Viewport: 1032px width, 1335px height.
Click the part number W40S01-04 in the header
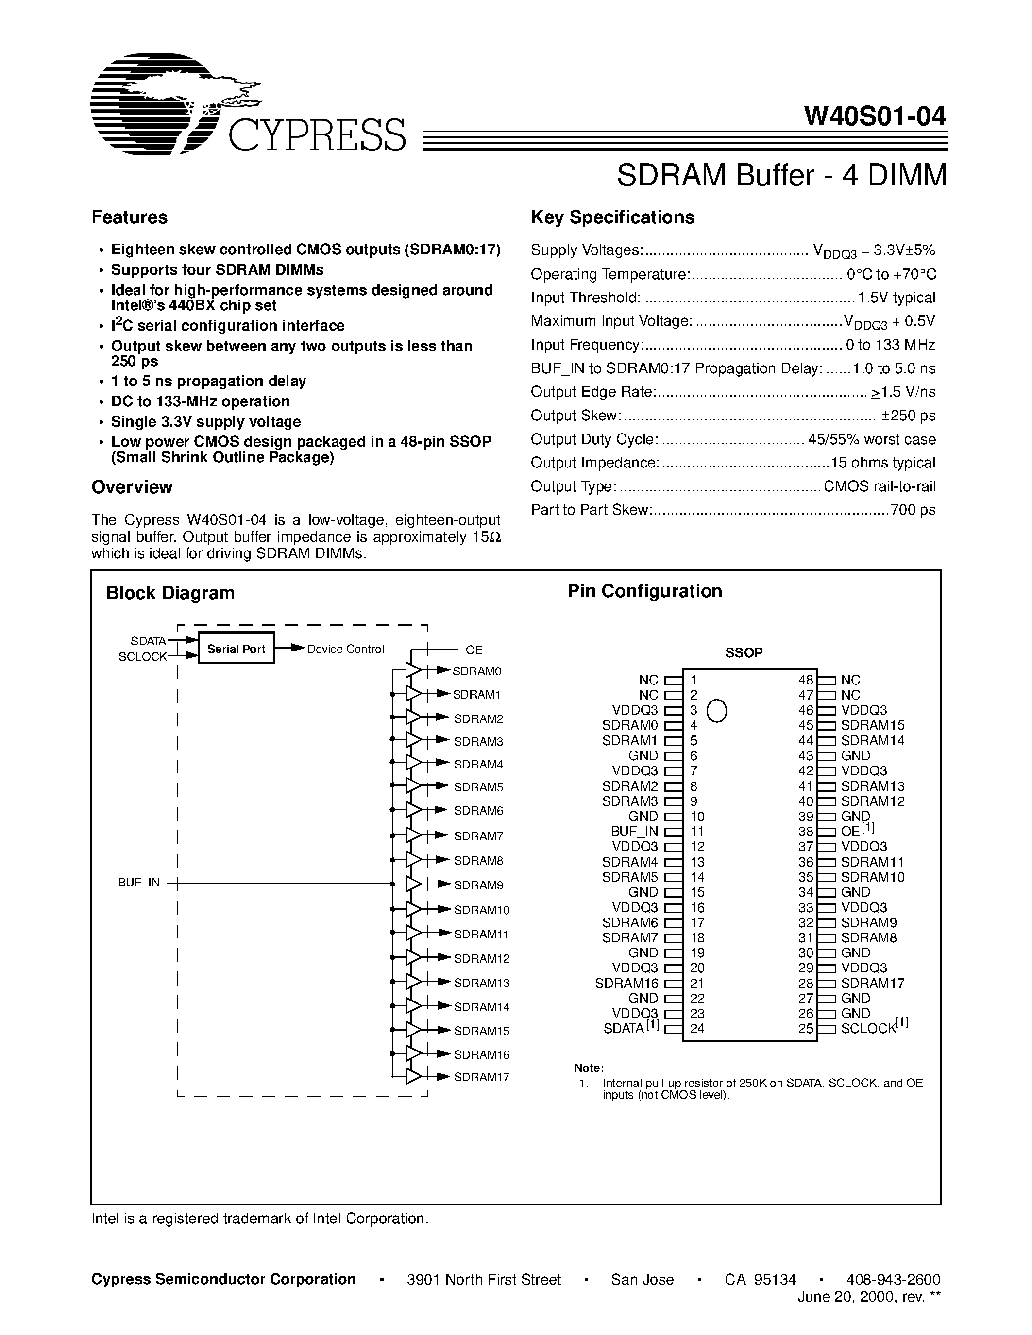[x=875, y=116]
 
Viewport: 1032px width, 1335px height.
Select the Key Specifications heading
[x=612, y=217]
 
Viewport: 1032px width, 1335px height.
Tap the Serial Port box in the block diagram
[x=236, y=649]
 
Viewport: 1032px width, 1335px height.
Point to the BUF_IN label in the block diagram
[x=139, y=883]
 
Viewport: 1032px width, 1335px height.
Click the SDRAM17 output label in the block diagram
[x=481, y=1077]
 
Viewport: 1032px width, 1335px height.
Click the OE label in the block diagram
[x=474, y=650]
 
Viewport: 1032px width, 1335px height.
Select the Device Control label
[x=345, y=649]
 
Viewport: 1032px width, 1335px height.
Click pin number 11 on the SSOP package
[x=697, y=831]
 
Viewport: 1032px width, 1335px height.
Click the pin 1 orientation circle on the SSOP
[x=716, y=711]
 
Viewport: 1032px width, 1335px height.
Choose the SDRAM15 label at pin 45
[x=872, y=726]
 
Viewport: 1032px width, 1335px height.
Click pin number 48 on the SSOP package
[x=806, y=680]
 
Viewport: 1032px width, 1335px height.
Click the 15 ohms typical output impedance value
[x=883, y=463]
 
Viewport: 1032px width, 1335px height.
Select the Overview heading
[x=132, y=487]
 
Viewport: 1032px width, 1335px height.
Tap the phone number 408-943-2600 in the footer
[x=893, y=1279]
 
